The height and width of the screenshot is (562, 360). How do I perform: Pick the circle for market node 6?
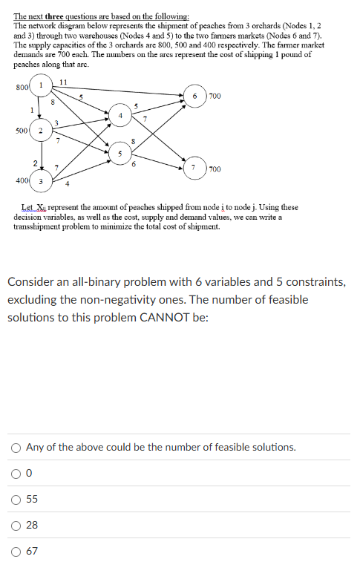194,96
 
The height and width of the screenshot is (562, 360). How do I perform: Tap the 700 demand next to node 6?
215,96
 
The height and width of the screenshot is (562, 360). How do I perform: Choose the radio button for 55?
16,499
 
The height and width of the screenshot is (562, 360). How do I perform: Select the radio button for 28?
16,525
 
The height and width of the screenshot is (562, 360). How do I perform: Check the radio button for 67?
16,551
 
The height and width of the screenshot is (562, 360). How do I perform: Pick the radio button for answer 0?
16,473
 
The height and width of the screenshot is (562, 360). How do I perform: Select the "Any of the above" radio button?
16,447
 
